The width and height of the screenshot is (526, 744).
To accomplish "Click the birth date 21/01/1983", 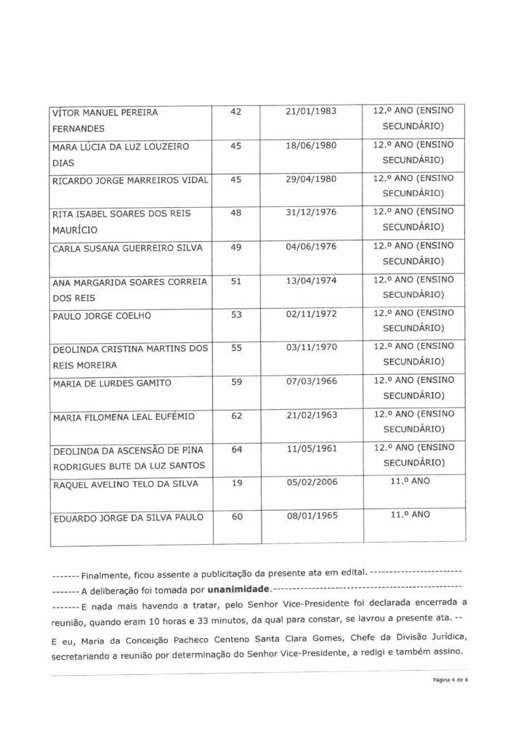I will click(x=312, y=113).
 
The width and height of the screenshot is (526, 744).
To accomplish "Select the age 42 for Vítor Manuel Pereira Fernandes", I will click(x=235, y=113).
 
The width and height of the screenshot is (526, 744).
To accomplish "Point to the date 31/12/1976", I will click(x=312, y=211).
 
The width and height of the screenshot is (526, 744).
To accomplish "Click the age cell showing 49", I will click(x=235, y=248).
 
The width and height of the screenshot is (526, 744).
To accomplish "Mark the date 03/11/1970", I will click(x=312, y=348).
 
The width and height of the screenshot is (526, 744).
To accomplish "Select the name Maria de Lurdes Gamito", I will click(x=110, y=383).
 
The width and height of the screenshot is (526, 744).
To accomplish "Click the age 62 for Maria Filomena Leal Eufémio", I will click(x=235, y=416).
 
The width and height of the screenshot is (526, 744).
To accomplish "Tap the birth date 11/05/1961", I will click(x=312, y=450).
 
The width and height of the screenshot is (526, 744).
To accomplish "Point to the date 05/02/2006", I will click(x=312, y=482).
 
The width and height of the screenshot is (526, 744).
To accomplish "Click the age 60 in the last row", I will click(x=235, y=517).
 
